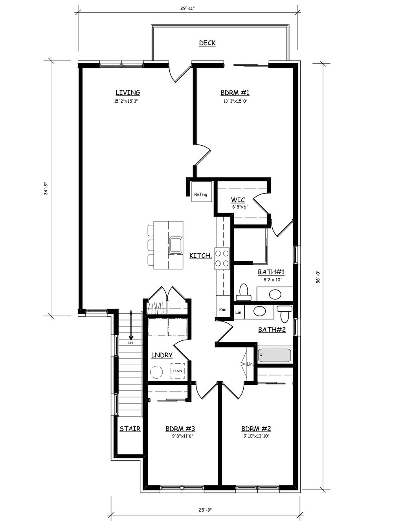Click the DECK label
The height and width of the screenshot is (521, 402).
(207, 43)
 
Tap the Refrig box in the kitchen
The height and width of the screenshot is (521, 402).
(202, 191)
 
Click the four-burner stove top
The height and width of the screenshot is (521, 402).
(222, 259)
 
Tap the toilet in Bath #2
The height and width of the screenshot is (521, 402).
(285, 314)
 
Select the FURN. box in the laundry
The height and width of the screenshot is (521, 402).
(178, 371)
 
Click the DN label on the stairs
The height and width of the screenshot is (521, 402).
(130, 343)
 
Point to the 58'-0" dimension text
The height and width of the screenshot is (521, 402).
(318, 277)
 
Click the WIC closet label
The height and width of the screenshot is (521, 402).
(238, 200)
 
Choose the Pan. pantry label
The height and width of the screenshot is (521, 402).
(223, 310)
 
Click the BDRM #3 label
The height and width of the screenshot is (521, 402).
(180, 429)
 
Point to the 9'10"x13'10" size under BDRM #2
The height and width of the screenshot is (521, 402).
(257, 436)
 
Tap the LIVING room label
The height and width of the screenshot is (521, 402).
(128, 92)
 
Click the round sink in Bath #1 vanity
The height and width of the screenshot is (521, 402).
(275, 294)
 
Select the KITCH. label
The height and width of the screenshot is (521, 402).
(201, 256)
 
